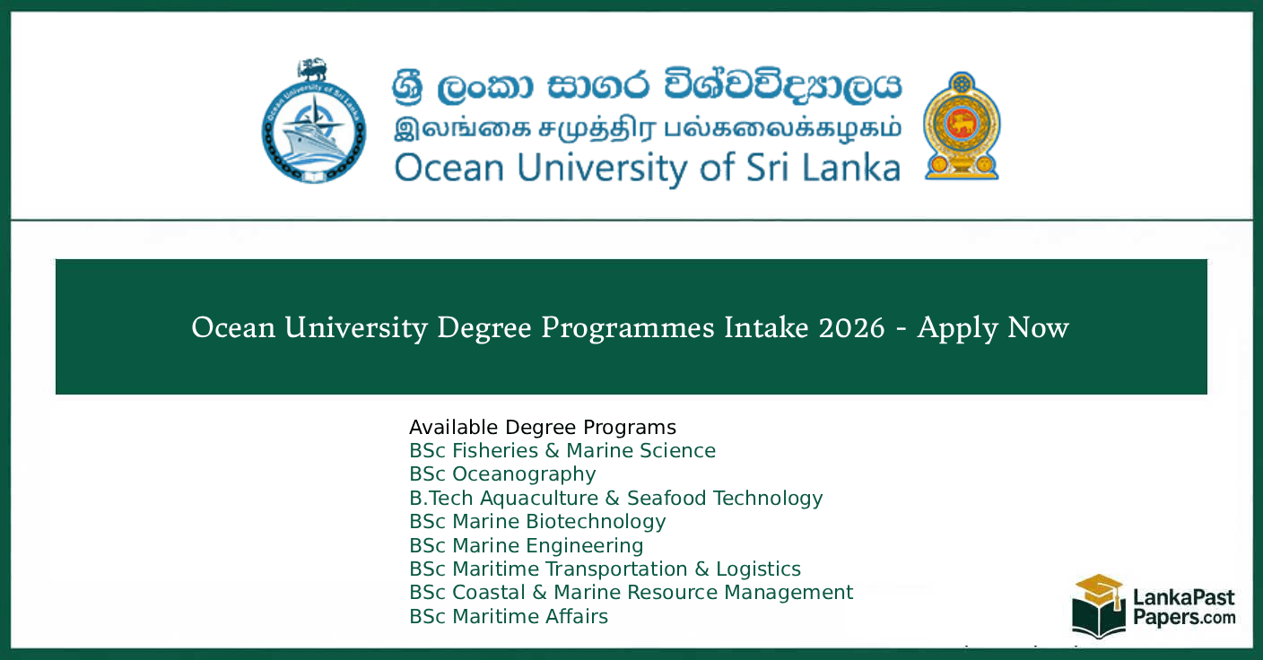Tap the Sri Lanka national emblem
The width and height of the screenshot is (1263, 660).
click(962, 126)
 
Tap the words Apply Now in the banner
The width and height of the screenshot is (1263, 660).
click(993, 328)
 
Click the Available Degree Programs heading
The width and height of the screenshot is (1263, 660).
click(543, 427)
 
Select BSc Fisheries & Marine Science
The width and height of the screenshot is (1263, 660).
click(562, 450)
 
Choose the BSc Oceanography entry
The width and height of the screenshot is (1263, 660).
click(502, 474)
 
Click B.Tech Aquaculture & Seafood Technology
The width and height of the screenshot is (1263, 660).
click(615, 498)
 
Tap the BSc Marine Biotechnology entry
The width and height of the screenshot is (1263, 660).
click(537, 522)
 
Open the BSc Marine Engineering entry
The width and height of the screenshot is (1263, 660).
click(526, 545)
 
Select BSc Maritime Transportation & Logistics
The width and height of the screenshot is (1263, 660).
click(605, 569)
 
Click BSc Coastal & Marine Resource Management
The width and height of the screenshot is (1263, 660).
click(631, 593)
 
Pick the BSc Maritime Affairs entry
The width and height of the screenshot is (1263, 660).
click(509, 617)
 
